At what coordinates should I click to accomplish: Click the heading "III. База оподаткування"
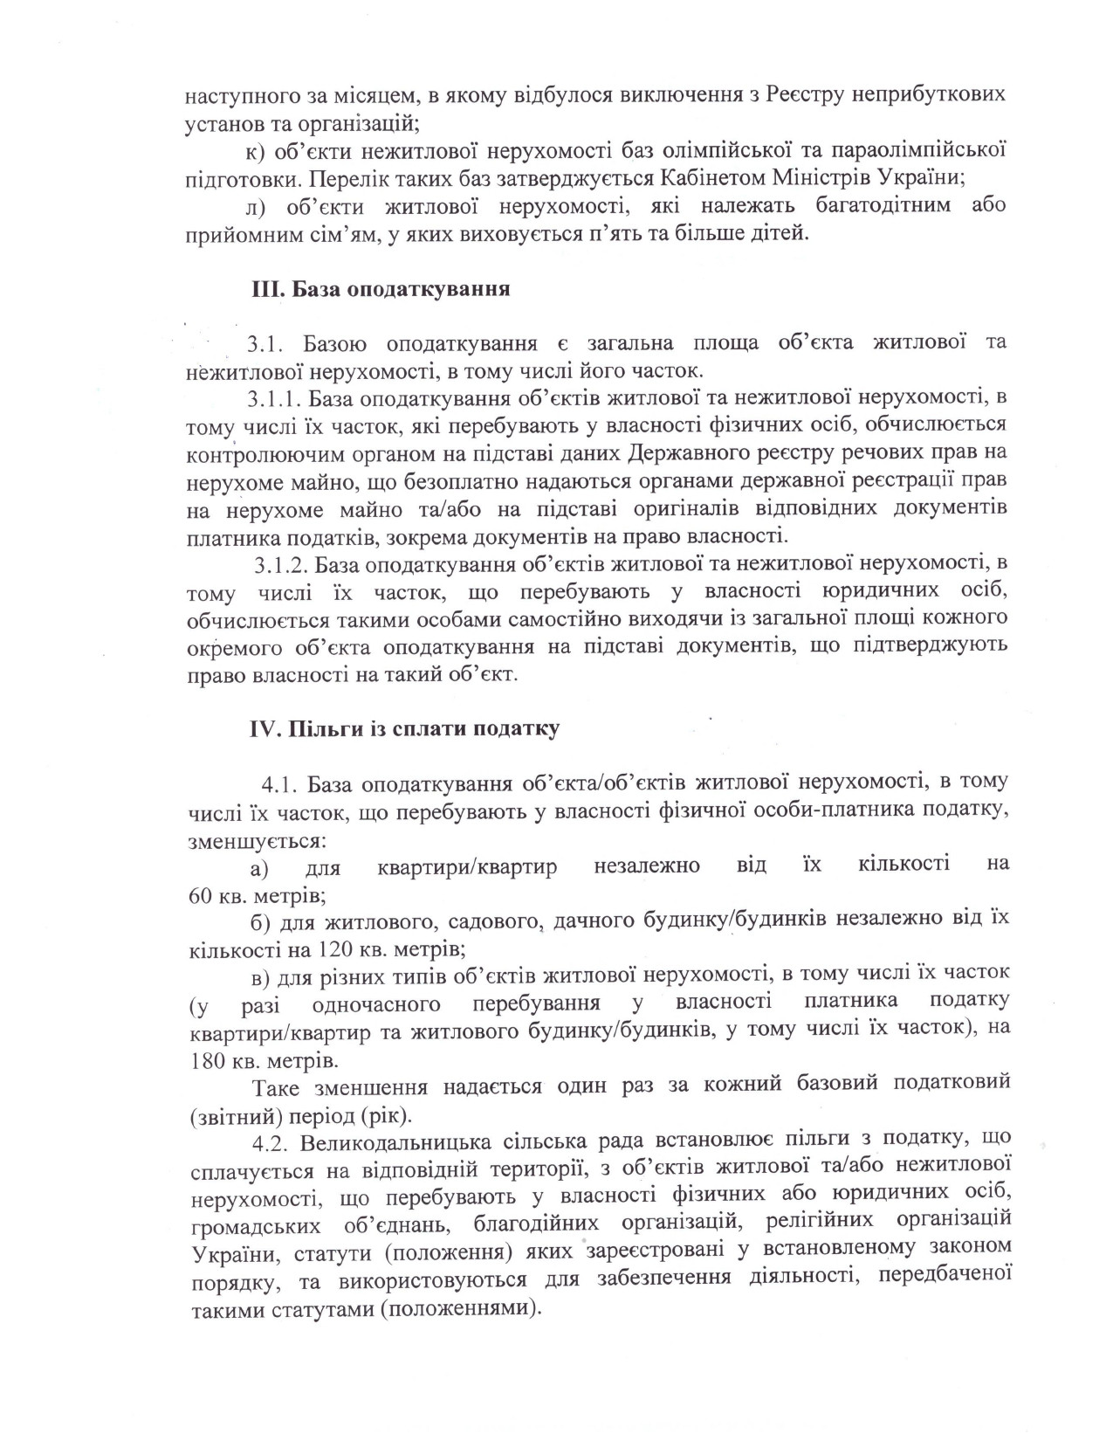[381, 290]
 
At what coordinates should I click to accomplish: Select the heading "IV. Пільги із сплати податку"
[404, 728]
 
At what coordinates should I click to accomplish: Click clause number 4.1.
[280, 781]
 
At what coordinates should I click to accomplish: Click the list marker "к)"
[255, 150]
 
